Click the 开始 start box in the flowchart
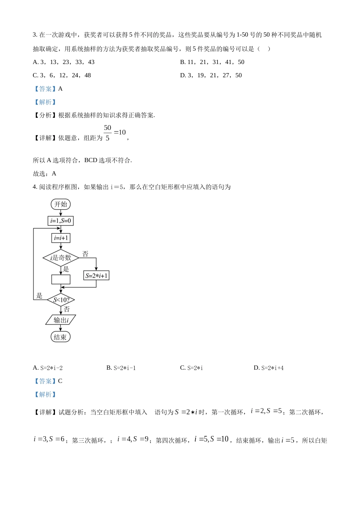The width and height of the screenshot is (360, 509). (x=61, y=205)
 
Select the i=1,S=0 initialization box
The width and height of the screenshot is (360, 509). (x=61, y=221)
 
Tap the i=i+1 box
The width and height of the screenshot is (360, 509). (x=61, y=238)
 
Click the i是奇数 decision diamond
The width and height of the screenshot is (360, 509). (x=61, y=258)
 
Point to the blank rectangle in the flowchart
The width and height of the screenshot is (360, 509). (x=61, y=279)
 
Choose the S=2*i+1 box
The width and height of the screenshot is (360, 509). (x=96, y=276)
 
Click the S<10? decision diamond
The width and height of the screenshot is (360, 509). (x=61, y=300)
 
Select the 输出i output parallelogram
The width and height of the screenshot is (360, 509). (x=61, y=320)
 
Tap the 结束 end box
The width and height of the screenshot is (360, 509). (x=61, y=337)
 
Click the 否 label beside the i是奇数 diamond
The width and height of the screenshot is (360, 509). (x=86, y=254)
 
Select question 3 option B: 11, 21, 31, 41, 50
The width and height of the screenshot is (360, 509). (x=212, y=62)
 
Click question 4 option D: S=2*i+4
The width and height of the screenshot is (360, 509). (x=269, y=368)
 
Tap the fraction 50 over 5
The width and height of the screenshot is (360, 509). (x=108, y=133)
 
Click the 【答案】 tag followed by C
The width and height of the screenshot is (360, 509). (x=45, y=381)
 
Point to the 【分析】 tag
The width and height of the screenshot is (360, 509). (x=45, y=115)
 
